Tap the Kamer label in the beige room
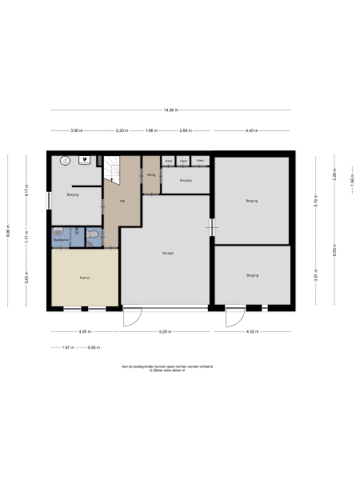click(84, 278)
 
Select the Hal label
click(122, 201)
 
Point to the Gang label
click(150, 174)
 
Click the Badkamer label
click(61, 239)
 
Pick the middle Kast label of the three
click(184, 161)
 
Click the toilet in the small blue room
click(94, 234)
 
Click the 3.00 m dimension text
click(75, 130)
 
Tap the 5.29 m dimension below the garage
click(166, 331)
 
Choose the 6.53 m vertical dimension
click(334, 250)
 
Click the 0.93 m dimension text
click(93, 347)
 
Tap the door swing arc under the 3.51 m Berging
click(235, 318)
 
